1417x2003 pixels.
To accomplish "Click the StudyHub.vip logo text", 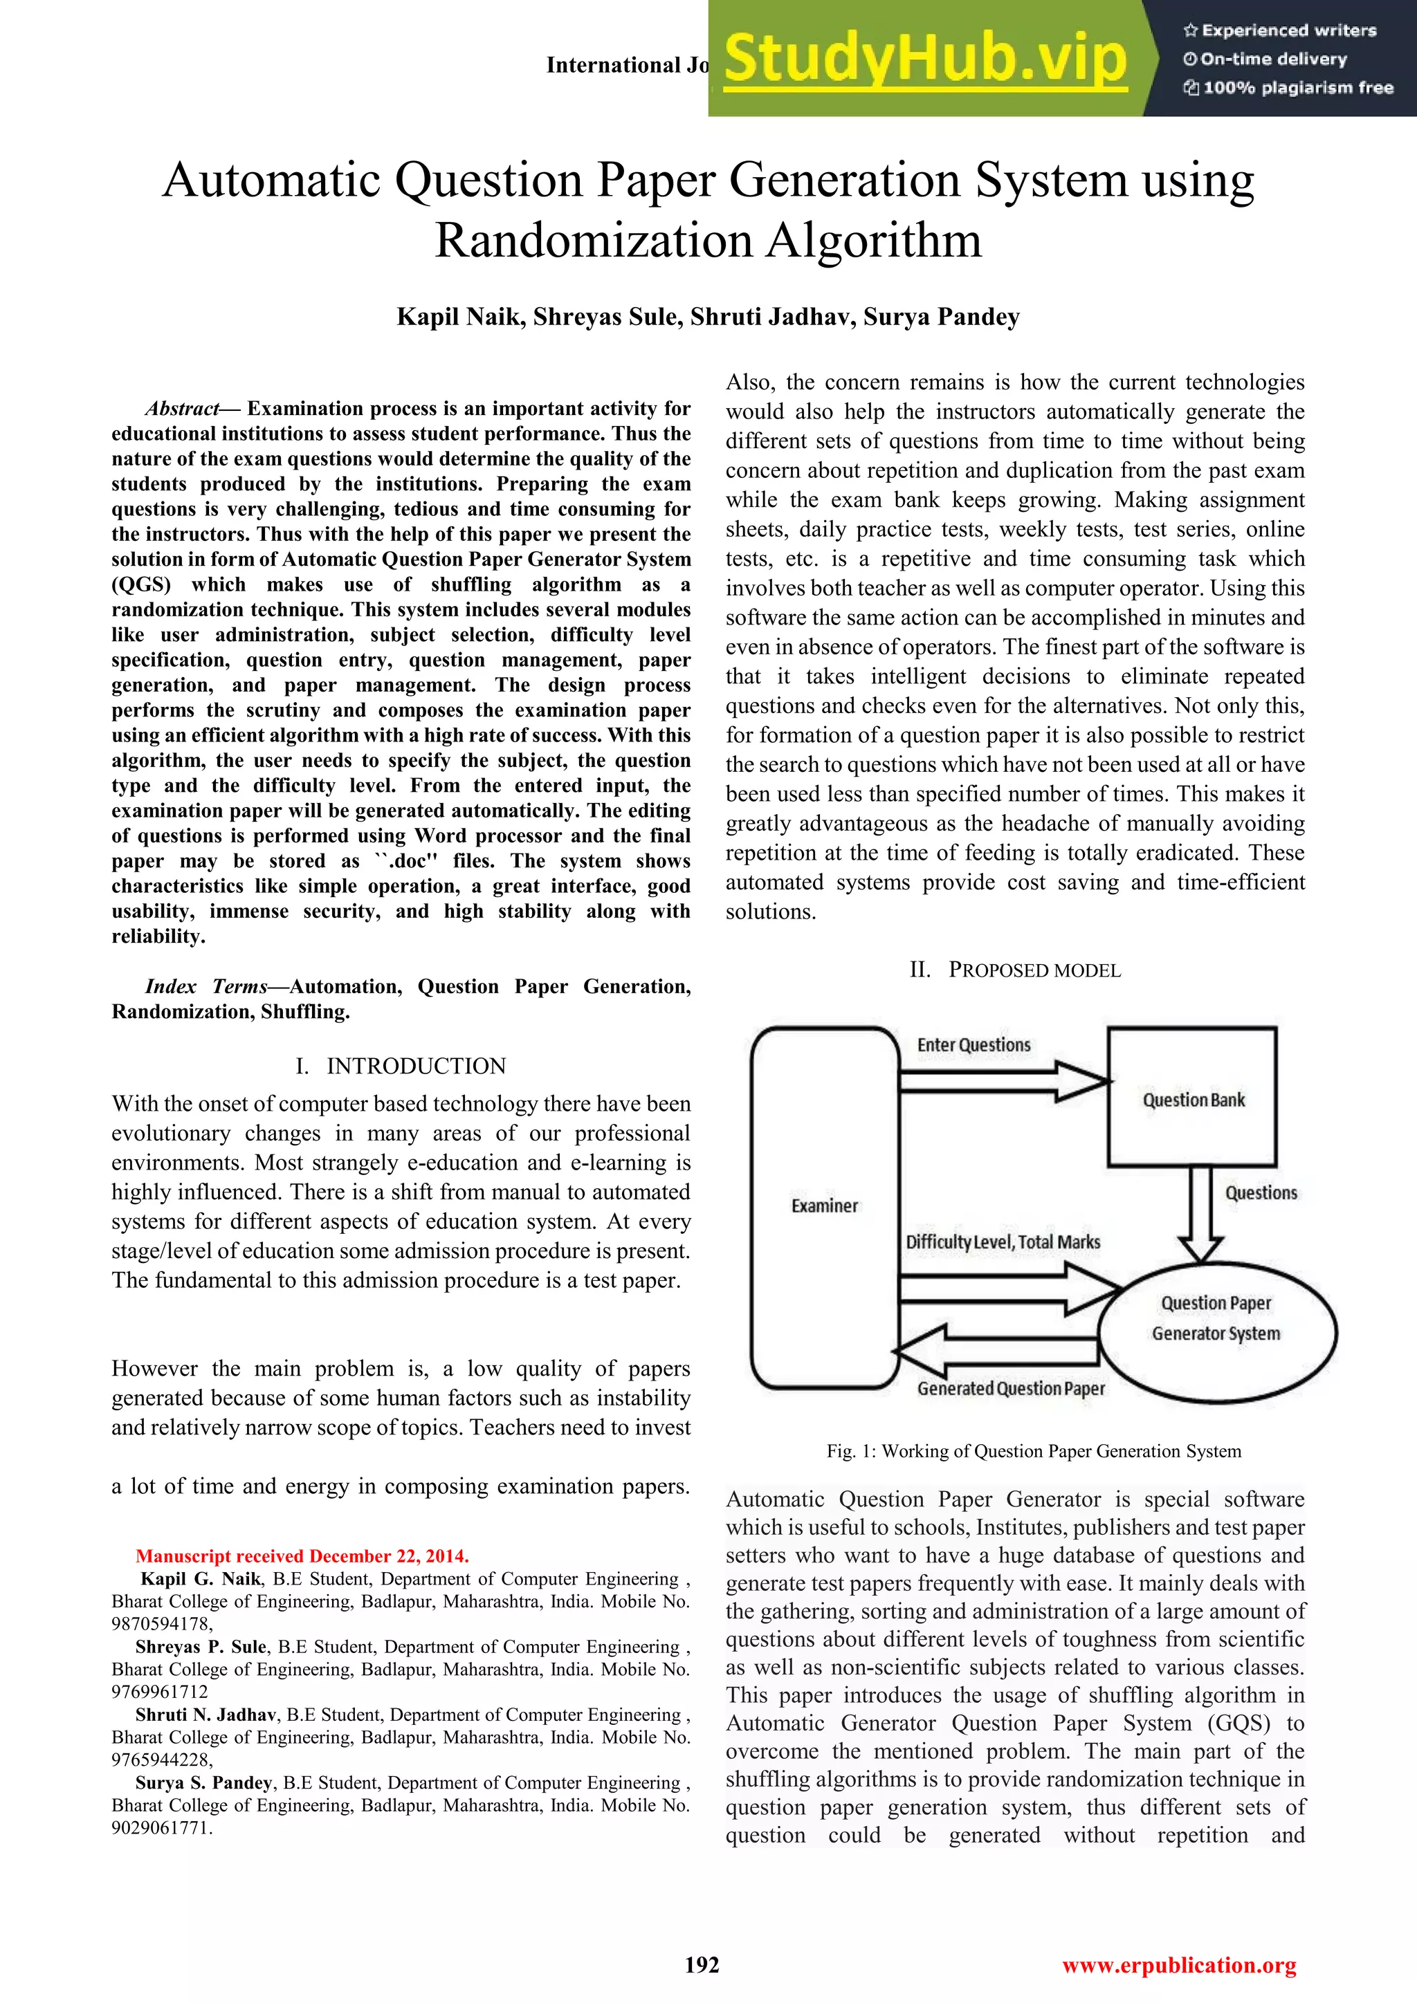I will tap(925, 59).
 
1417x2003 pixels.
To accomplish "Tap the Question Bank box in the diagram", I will tap(1192, 1098).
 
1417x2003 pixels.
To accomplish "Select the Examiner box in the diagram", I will tap(825, 1206).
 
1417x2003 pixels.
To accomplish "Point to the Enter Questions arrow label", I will tap(973, 1045).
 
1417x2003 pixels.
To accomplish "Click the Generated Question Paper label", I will tap(1010, 1389).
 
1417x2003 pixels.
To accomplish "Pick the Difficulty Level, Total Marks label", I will tap(1003, 1242).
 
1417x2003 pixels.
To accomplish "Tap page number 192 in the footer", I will tap(702, 1965).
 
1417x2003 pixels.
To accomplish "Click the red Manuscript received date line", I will tap(302, 1556).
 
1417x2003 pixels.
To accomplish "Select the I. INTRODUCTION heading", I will tap(401, 1066).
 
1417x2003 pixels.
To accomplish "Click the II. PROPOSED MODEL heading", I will tap(1015, 970).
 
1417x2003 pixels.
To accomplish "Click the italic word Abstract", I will tap(181, 408).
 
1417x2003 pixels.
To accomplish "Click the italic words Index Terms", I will tap(206, 987).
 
